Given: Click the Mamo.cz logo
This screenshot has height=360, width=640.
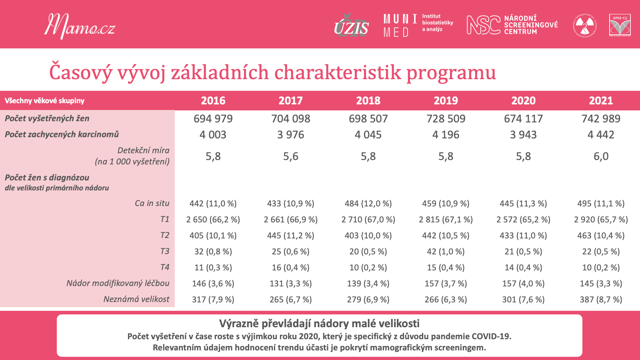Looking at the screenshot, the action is point(80,26).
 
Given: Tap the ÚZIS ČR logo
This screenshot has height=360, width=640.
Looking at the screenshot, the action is point(352,26).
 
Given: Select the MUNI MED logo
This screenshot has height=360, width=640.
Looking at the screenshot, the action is point(400,26).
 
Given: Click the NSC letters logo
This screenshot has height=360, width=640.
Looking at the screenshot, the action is point(484,25).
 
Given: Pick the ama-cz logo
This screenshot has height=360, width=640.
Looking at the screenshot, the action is point(620,25).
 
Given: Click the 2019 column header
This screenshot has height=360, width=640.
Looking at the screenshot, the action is point(446,100).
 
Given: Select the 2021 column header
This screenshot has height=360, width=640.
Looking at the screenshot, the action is point(601,100).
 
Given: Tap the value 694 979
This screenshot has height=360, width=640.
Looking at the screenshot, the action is point(213,118).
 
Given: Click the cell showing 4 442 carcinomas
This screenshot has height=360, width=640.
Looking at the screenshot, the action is point(601,134).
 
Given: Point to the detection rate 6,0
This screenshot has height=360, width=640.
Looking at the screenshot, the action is point(601,156).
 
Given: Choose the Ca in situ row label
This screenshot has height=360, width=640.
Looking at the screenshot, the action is point(152,203).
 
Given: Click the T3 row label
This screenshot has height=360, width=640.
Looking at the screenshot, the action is point(165,251).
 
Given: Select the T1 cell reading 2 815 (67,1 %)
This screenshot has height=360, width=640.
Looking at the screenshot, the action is point(446,220).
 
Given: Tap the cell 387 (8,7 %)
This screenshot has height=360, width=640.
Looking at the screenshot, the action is point(601,300).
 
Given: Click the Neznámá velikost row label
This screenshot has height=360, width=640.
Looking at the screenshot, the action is point(136,299).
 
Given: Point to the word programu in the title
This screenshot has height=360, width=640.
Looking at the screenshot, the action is point(451,73).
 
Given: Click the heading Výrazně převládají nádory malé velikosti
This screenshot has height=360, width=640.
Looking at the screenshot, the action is point(320,324).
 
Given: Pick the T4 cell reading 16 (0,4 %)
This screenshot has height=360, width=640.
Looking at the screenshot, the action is point(290,268).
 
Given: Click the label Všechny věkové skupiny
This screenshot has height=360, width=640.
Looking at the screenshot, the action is point(44,100).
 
